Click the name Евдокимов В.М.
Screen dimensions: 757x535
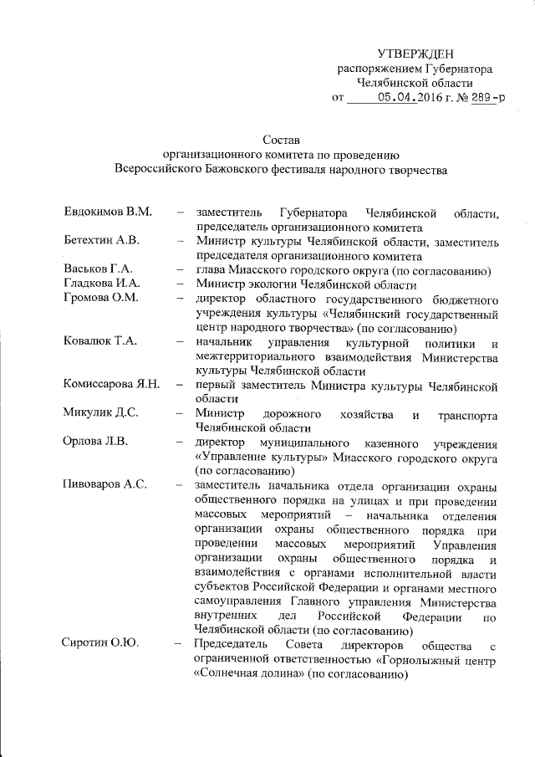point(108,212)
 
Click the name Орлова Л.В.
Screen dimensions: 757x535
point(94,442)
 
